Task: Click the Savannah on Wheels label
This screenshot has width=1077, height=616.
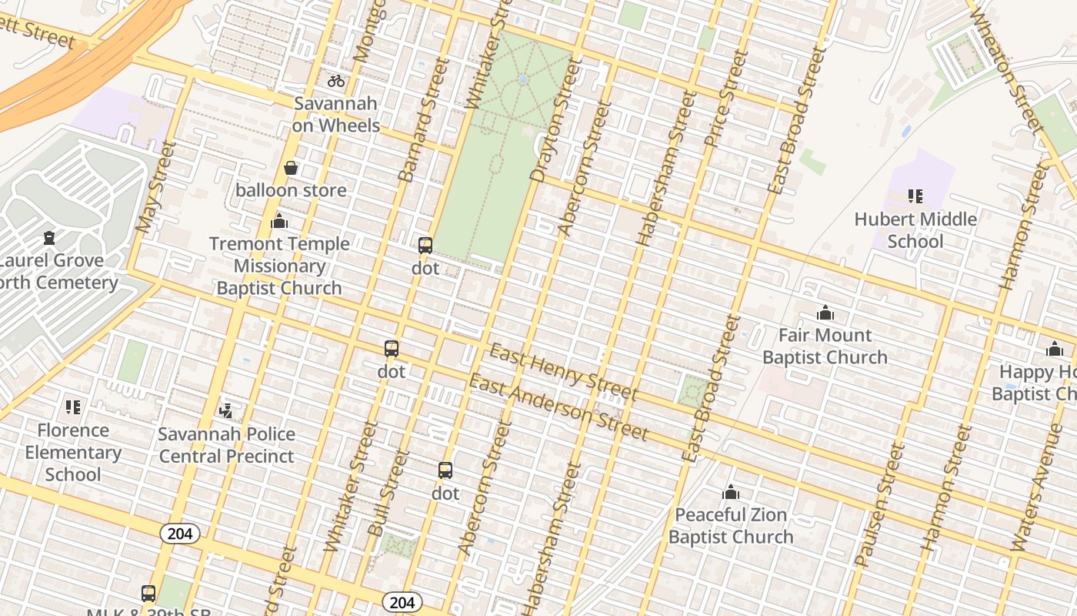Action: (x=335, y=115)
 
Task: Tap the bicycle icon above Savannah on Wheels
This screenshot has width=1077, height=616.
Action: (x=336, y=80)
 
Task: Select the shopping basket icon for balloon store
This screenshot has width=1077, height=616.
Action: (x=291, y=168)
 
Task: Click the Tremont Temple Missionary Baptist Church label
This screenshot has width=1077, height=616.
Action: (x=279, y=266)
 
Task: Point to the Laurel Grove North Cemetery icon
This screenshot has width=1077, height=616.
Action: (x=50, y=238)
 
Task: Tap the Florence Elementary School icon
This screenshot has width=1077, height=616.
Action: (x=73, y=407)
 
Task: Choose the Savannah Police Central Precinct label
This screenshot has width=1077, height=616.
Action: (x=226, y=445)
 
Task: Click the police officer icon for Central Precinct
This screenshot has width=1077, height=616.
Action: (x=226, y=410)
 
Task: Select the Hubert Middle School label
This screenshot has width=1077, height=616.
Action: (x=915, y=230)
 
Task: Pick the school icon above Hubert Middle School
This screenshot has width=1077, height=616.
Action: (x=915, y=196)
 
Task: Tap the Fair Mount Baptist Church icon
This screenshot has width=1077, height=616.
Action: (x=825, y=313)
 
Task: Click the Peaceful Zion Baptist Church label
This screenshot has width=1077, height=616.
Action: (x=731, y=526)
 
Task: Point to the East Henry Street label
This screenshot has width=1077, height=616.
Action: (x=564, y=373)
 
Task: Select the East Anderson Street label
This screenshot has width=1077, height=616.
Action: (x=559, y=407)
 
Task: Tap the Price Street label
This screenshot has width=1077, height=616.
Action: (x=726, y=98)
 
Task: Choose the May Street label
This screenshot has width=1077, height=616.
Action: (x=155, y=186)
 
